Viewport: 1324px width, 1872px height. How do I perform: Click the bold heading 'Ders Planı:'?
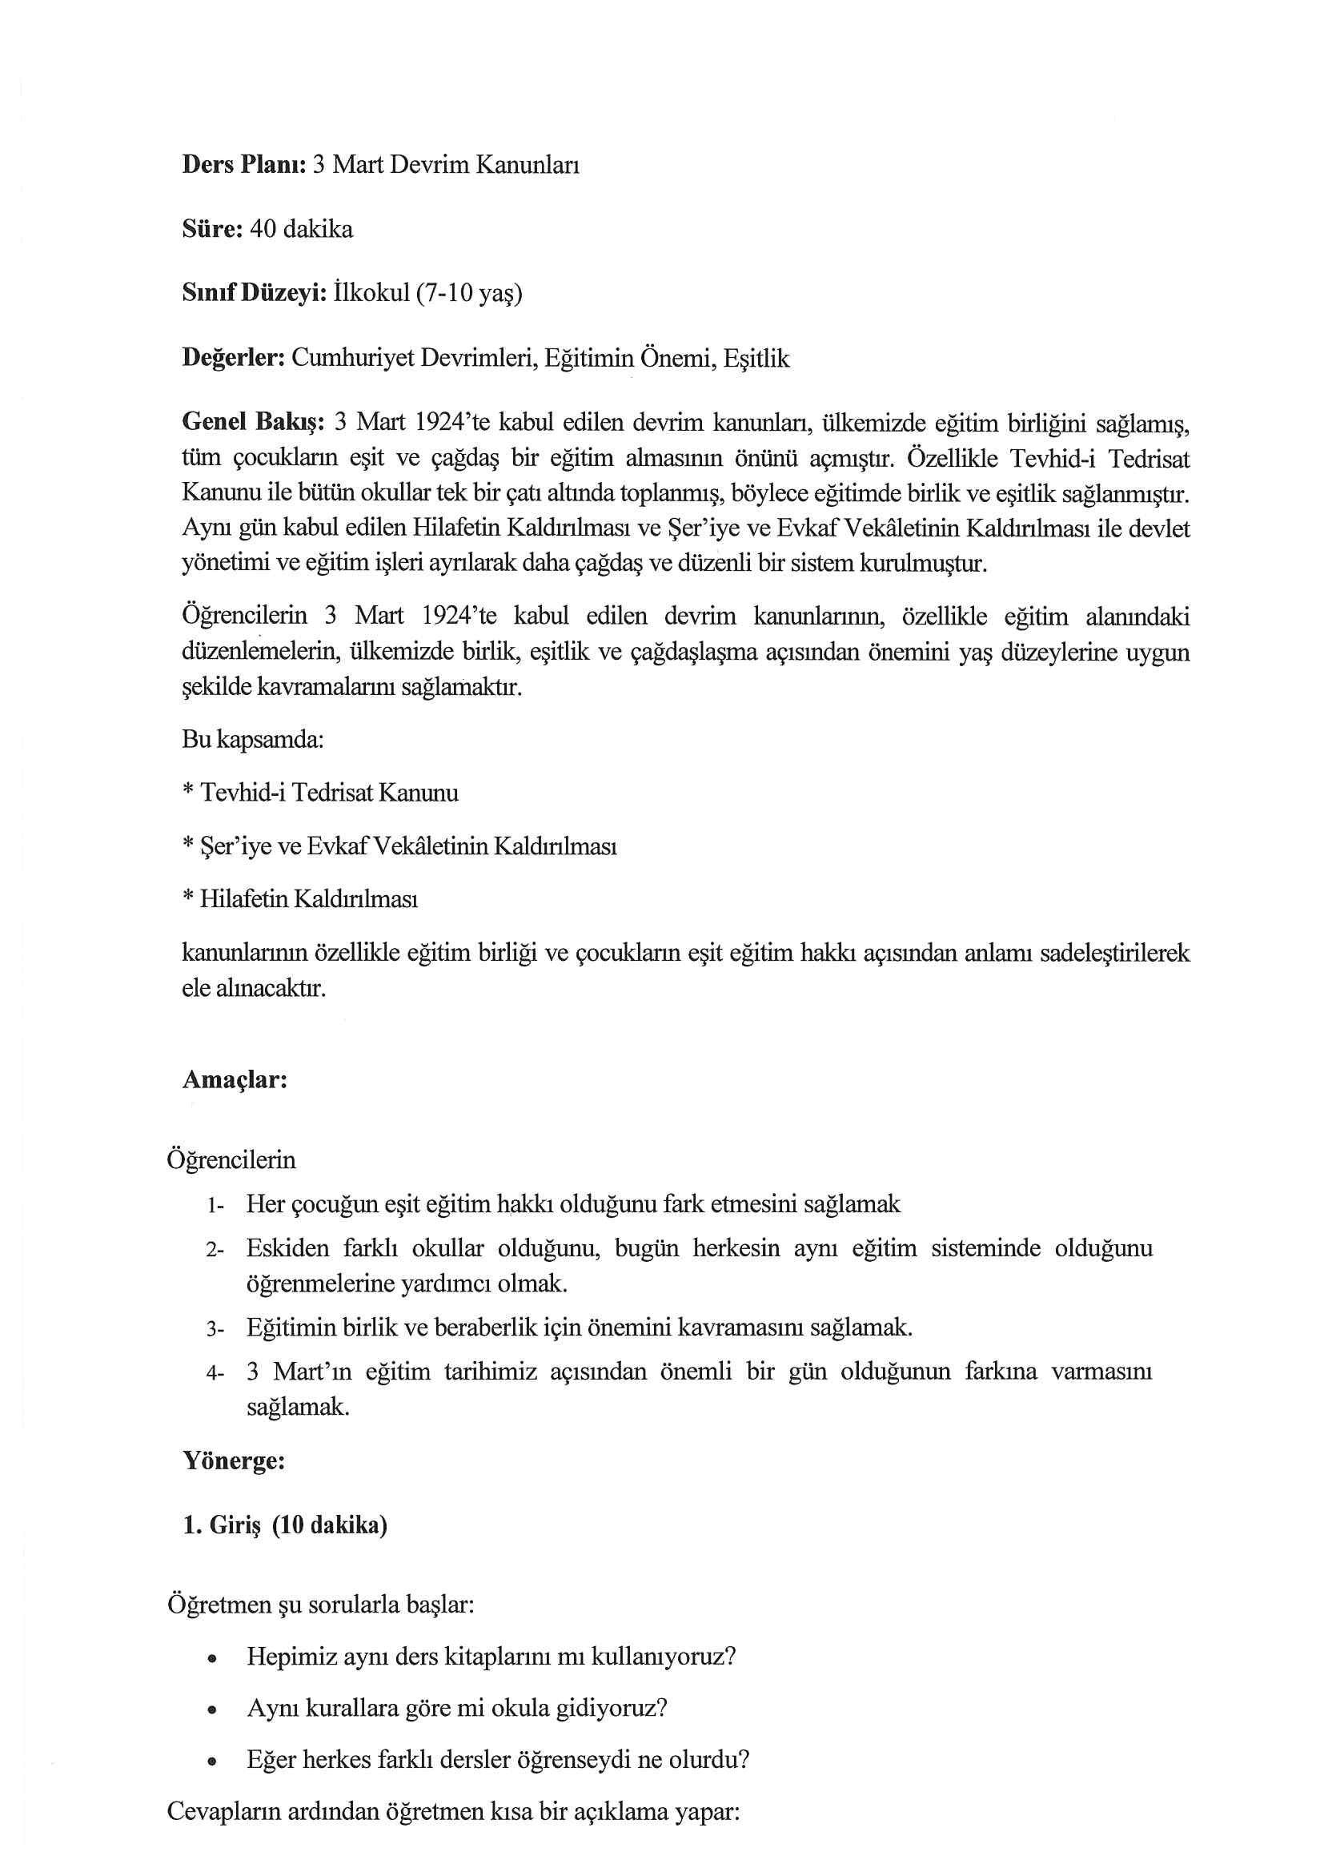click(244, 166)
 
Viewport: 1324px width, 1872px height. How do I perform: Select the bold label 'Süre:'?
click(212, 230)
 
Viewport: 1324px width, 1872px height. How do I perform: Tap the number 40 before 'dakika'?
click(263, 230)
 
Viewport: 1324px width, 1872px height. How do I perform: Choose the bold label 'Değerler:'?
click(233, 359)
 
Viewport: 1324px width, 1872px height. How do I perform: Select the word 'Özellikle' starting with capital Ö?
click(952, 458)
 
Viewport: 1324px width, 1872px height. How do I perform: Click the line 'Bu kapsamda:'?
click(253, 740)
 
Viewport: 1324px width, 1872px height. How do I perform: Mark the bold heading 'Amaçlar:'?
click(235, 1080)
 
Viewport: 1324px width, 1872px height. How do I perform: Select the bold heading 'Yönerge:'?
click(234, 1460)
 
